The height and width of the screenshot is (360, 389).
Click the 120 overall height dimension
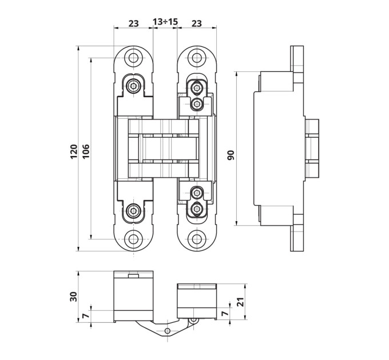point(74,151)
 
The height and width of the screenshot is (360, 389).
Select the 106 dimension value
point(86,151)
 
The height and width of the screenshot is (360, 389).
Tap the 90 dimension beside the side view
point(231,155)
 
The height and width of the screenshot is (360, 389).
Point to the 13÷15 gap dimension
point(165,22)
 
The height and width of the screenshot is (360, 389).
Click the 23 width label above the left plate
point(133,23)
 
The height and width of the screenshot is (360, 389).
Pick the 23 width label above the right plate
point(197,23)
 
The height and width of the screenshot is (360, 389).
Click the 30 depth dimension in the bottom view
point(74,297)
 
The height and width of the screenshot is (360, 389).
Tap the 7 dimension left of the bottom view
point(85,316)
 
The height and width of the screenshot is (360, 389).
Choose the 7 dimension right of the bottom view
point(225,313)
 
